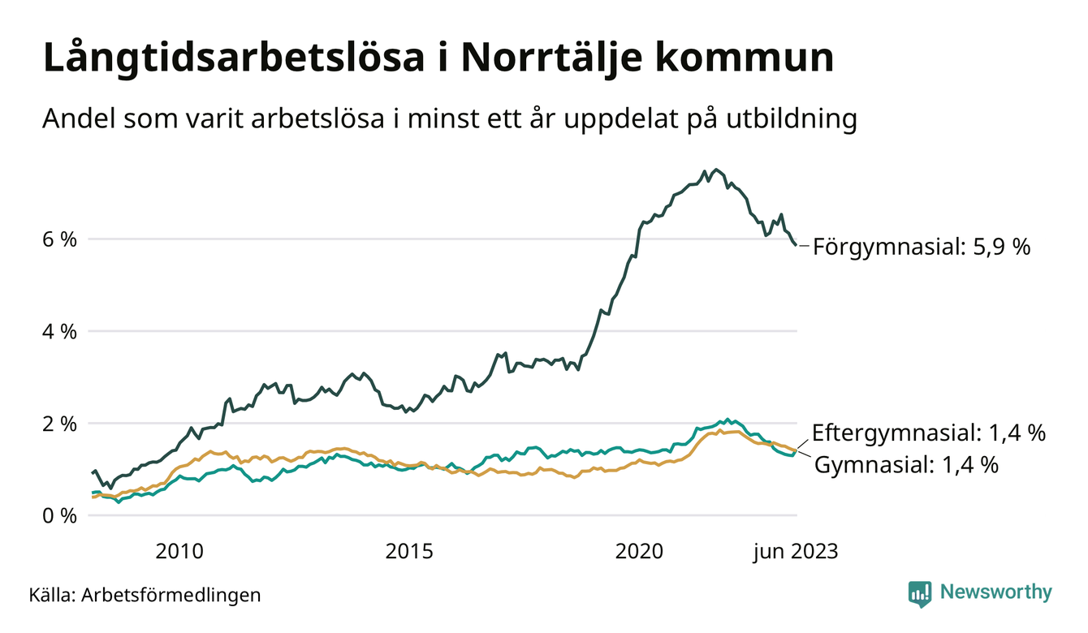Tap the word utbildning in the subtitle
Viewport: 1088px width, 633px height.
click(788, 119)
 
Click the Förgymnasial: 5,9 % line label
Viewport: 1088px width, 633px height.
click(922, 246)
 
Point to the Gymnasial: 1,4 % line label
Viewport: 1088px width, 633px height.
click(905, 465)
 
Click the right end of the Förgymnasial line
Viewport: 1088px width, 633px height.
click(796, 244)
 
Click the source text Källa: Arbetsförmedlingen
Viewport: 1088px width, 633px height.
click(145, 595)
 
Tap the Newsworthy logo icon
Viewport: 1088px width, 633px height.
click(920, 593)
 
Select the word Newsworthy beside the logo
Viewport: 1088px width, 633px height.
click(995, 592)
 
